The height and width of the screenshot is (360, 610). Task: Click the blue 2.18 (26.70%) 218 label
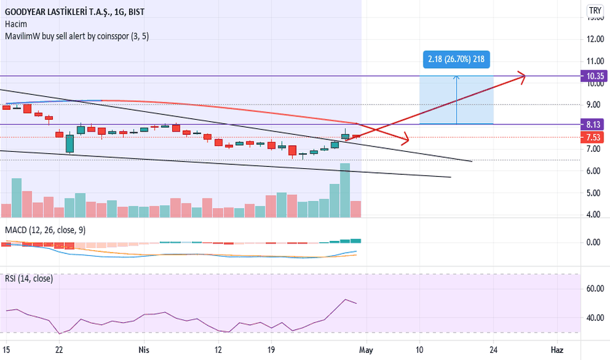[456, 59]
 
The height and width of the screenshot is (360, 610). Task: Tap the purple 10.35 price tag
[594, 76]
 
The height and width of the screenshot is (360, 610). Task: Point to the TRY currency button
[595, 10]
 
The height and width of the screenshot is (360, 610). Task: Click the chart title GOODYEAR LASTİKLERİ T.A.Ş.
[58, 12]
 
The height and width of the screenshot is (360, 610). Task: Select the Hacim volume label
[16, 24]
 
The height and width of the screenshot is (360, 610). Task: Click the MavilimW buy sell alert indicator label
[77, 36]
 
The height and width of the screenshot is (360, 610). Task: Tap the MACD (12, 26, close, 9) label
[45, 230]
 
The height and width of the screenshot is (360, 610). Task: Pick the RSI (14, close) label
[29, 279]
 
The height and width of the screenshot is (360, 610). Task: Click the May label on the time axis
[366, 350]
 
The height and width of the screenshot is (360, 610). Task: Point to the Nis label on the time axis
[144, 350]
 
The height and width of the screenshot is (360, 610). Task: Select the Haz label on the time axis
[557, 350]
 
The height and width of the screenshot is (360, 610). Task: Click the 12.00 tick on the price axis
[595, 39]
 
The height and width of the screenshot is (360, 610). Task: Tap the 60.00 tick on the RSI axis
[595, 289]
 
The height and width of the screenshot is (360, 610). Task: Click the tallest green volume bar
[345, 190]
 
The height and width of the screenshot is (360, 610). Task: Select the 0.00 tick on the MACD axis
[593, 242]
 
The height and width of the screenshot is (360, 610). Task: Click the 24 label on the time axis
[493, 350]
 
